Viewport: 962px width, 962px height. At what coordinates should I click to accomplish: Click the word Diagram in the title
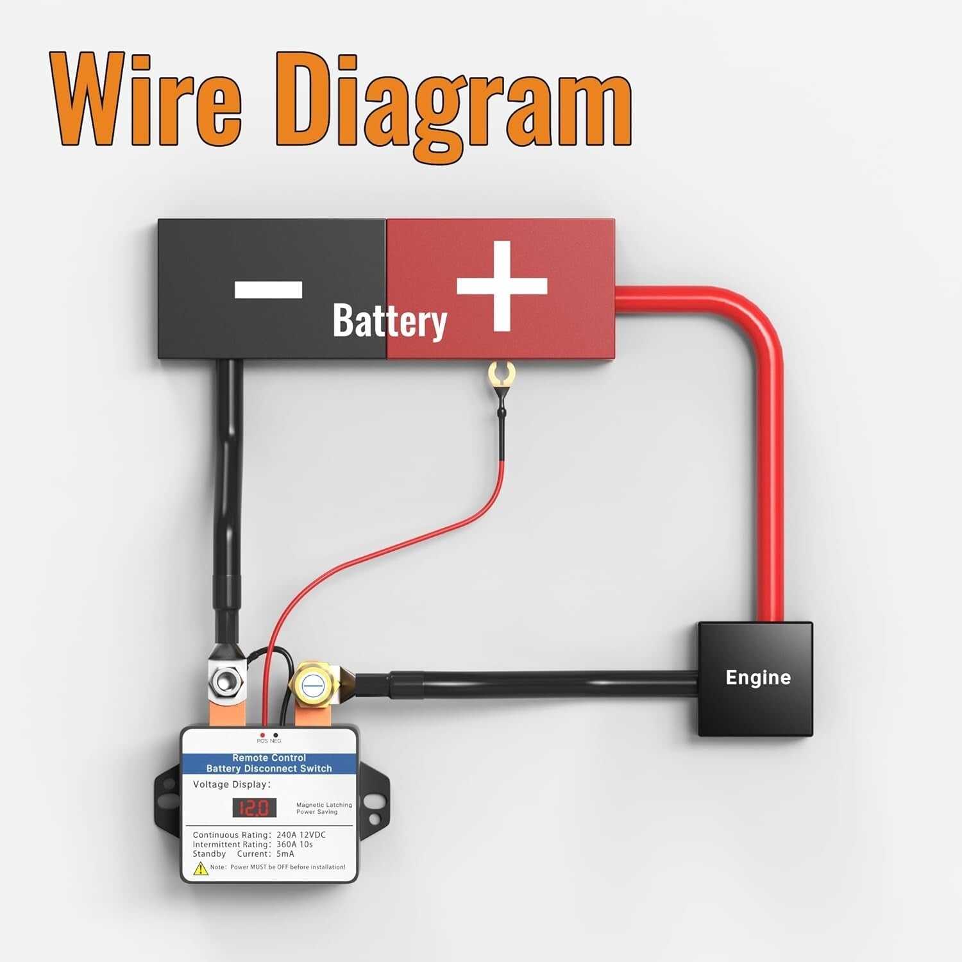pyautogui.click(x=454, y=103)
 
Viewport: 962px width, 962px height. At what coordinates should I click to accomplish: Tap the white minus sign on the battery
pyautogui.click(x=268, y=290)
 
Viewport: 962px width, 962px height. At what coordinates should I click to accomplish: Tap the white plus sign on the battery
pyautogui.click(x=502, y=286)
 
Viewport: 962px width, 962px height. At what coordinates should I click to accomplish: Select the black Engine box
pyautogui.click(x=755, y=679)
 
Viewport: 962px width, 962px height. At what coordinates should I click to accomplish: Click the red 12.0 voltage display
pyautogui.click(x=254, y=807)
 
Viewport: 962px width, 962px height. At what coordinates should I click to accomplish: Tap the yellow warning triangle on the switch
pyautogui.click(x=201, y=868)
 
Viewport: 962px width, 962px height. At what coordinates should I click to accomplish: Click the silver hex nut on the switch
pyautogui.click(x=225, y=681)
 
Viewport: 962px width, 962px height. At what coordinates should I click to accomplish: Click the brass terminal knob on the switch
pyautogui.click(x=314, y=685)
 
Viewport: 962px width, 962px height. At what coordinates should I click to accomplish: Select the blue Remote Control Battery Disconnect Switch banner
pyautogui.click(x=269, y=763)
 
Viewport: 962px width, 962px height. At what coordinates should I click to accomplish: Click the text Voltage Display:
pyautogui.click(x=232, y=784)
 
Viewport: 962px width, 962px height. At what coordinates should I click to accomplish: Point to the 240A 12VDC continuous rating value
pyautogui.click(x=301, y=835)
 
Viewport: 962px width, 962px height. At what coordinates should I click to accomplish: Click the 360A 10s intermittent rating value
pyautogui.click(x=294, y=845)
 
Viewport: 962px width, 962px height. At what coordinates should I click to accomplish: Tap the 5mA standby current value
pyautogui.click(x=285, y=854)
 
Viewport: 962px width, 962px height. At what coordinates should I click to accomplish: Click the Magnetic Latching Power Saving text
pyautogui.click(x=324, y=808)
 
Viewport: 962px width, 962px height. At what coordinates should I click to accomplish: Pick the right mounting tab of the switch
pyautogui.click(x=374, y=800)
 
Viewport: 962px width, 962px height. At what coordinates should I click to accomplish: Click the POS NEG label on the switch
pyautogui.click(x=269, y=741)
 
